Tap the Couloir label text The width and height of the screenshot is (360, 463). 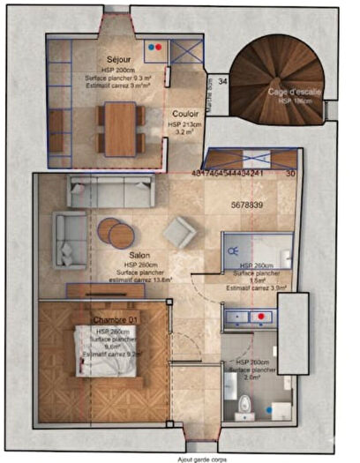coord(185,114)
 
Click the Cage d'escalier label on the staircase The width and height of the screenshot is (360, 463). coord(293,91)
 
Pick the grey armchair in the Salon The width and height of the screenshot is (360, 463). coord(178,232)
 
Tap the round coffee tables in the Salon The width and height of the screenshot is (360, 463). coord(116,231)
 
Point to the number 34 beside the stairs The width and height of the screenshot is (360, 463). coord(222,81)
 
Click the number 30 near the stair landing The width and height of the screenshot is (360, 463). coord(290,174)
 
